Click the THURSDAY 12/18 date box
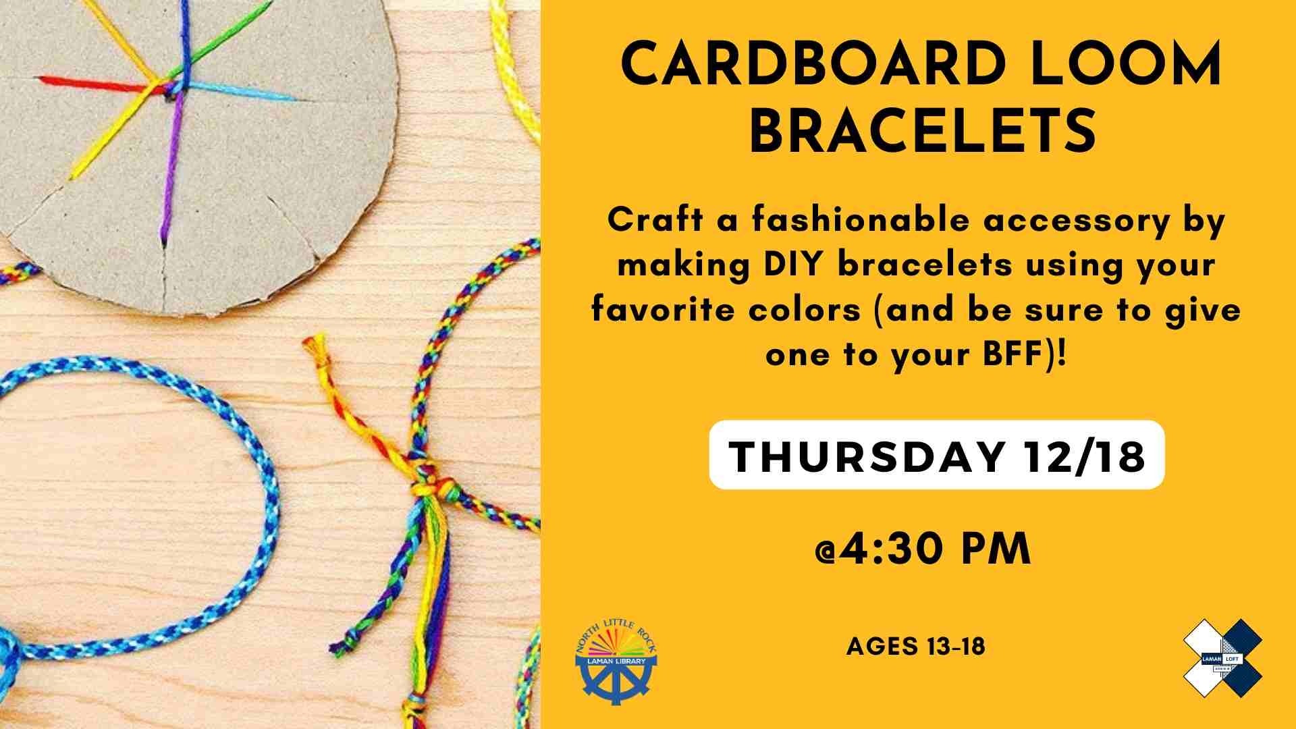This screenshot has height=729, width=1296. pos(937,454)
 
